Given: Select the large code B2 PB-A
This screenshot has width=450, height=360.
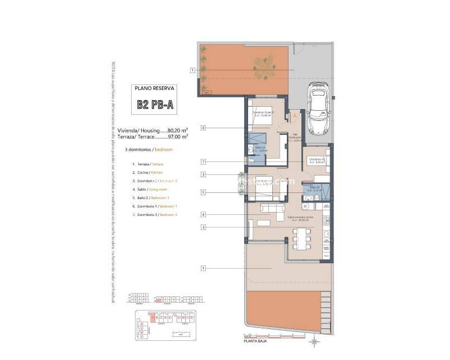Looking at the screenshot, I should [x=155, y=105].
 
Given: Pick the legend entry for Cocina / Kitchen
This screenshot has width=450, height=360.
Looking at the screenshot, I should [x=147, y=172].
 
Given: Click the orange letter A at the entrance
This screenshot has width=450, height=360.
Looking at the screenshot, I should [x=294, y=116].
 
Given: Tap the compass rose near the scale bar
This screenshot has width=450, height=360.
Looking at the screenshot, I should [x=316, y=341].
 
